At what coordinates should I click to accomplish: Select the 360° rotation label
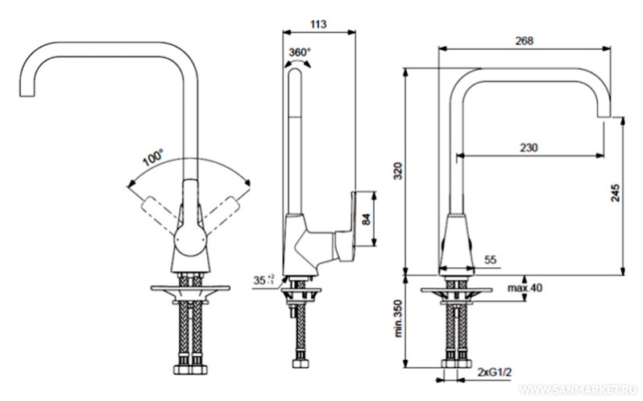point(299,52)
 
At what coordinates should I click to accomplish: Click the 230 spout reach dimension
point(529,147)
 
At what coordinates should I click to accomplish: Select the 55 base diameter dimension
point(492,260)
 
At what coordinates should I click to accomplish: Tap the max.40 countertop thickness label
point(525,288)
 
